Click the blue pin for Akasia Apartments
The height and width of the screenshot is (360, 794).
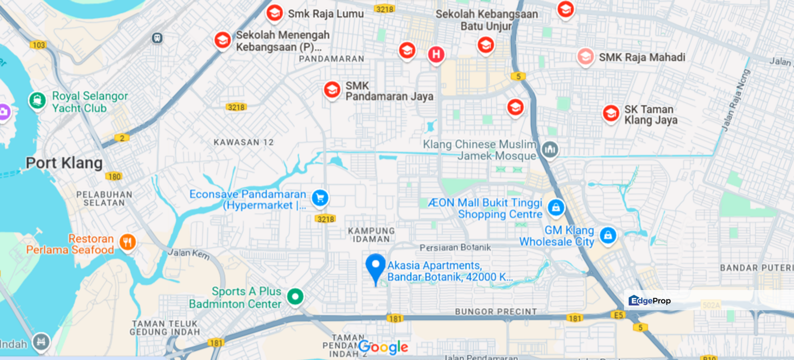click(x=375, y=266)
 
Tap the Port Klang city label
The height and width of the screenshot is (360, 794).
click(x=64, y=163)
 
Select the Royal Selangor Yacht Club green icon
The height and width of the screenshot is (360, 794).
click(x=37, y=100)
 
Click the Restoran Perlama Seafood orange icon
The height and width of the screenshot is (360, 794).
click(x=127, y=242)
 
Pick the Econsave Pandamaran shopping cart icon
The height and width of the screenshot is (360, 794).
click(x=320, y=198)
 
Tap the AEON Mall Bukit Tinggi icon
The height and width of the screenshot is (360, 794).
click(x=555, y=207)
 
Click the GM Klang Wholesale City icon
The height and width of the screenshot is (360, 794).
click(x=607, y=235)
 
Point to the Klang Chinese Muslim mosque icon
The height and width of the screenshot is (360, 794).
click(x=550, y=149)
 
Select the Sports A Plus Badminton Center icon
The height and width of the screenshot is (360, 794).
click(x=295, y=296)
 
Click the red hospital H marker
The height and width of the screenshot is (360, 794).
click(x=436, y=54)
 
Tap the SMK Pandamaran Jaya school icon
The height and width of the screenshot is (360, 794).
click(x=332, y=90)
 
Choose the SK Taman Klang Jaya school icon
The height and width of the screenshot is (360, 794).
click(x=610, y=113)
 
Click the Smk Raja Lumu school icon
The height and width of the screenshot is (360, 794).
click(x=274, y=13)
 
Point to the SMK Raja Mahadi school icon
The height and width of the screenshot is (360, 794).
click(x=585, y=56)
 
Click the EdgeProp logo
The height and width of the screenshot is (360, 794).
click(x=649, y=300)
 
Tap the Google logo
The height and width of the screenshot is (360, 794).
click(x=383, y=347)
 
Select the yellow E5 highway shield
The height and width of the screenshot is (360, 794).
click(x=618, y=315)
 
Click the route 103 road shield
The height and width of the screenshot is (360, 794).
click(x=38, y=45)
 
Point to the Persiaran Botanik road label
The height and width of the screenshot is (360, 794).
click(x=455, y=247)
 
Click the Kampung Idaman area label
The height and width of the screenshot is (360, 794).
click(x=371, y=235)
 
